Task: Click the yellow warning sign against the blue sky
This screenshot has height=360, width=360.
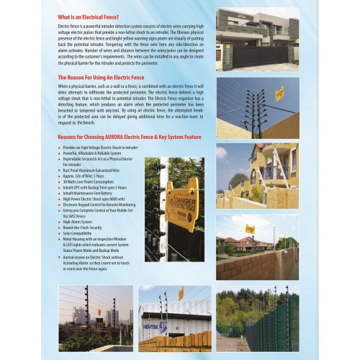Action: pyautogui.click(x=279, y=94)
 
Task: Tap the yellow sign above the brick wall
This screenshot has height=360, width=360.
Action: pyautogui.click(x=250, y=229)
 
